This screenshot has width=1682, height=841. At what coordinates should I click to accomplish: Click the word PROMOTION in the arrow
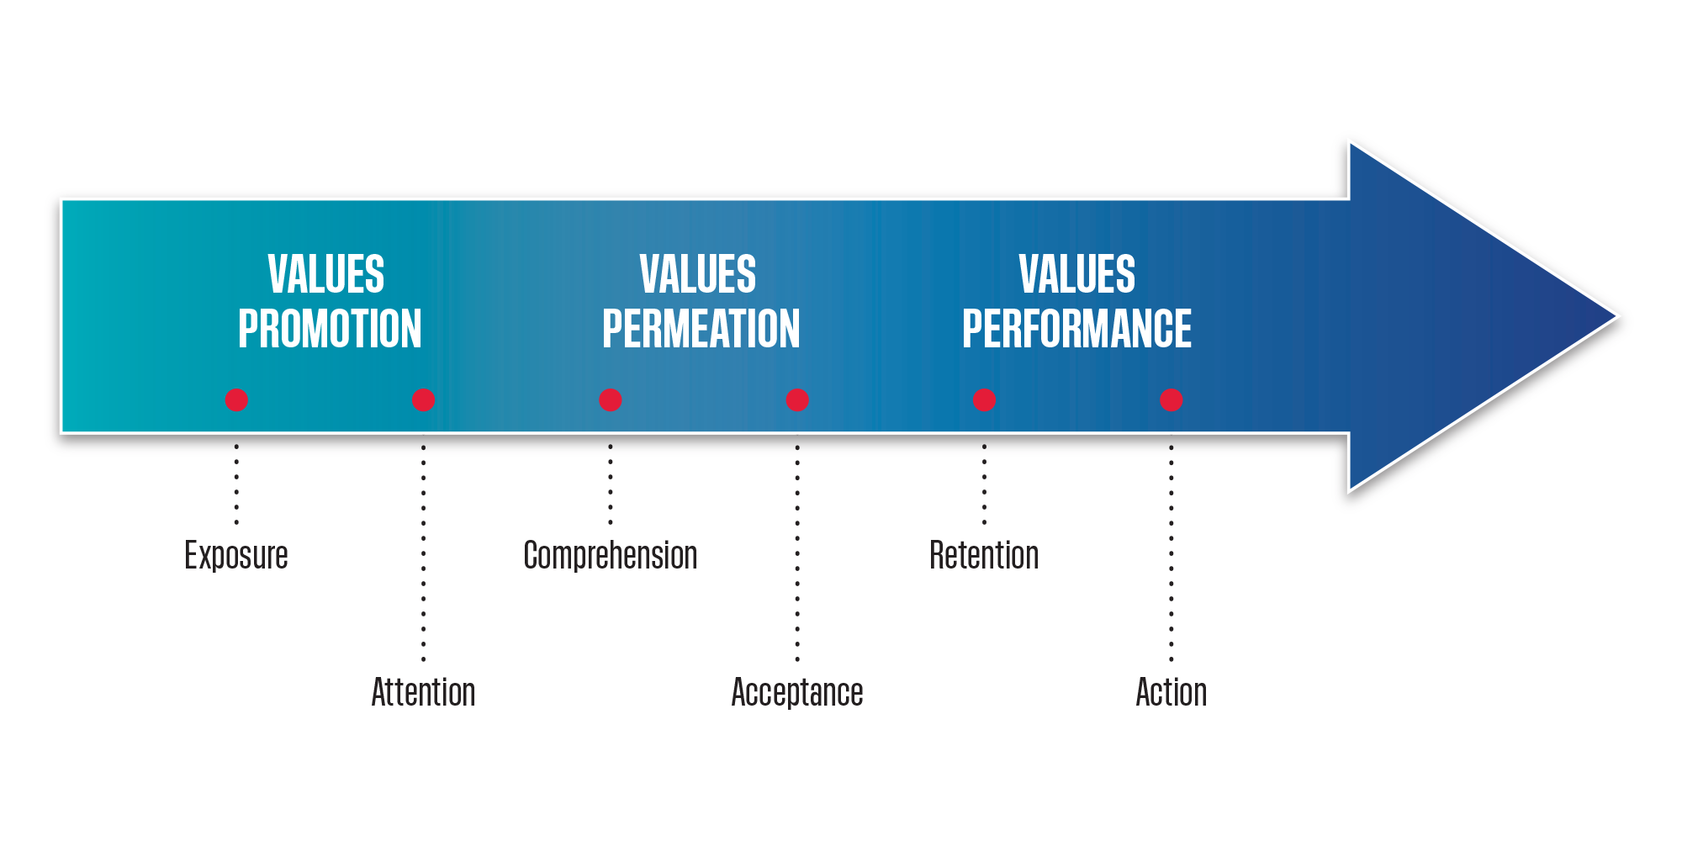point(330,329)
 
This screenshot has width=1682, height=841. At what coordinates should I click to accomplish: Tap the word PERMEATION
point(701,329)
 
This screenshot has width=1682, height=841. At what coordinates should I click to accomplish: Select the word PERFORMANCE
point(1076,329)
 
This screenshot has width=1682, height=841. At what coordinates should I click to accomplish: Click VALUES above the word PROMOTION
point(326,274)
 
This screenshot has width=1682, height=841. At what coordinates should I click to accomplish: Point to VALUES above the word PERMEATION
point(698,274)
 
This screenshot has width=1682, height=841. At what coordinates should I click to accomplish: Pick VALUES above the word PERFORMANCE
point(1077,274)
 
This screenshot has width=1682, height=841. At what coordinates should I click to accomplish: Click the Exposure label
point(236,556)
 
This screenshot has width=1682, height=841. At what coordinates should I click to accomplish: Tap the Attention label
point(424,693)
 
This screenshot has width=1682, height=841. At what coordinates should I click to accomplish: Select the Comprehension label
point(611,556)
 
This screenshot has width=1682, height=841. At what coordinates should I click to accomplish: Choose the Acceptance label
point(797,693)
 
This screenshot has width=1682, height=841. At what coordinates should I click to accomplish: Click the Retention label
point(984,556)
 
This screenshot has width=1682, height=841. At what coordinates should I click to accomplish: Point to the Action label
point(1172,693)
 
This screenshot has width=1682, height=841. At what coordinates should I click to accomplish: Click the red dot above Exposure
point(236,400)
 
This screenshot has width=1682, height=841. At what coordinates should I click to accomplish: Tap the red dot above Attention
point(424,400)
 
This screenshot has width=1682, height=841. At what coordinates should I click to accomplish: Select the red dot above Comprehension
point(611,400)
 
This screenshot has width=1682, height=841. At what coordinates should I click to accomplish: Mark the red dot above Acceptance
point(797,400)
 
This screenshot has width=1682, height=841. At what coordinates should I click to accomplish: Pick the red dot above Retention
point(985,400)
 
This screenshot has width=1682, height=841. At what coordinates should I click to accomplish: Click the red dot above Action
point(1172,400)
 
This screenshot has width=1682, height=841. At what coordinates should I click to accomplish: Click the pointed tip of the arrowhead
point(1616,317)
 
